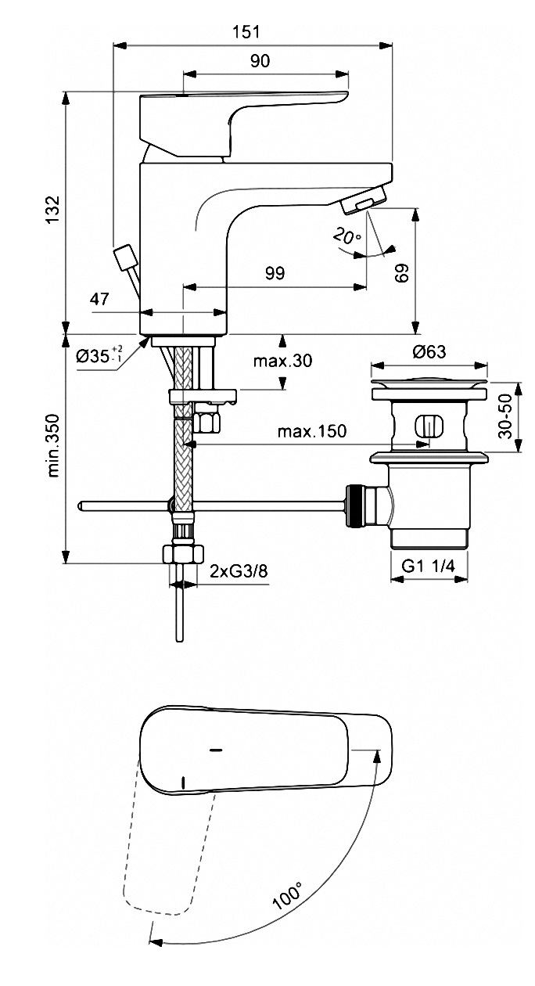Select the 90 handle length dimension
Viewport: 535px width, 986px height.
[260, 61]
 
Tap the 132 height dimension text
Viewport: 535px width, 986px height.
[54, 210]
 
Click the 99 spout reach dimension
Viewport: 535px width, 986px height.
[275, 273]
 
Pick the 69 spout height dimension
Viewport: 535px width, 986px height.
[402, 273]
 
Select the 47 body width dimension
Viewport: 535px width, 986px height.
[99, 299]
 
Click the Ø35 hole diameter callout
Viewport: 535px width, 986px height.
[99, 354]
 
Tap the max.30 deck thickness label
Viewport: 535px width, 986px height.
[282, 361]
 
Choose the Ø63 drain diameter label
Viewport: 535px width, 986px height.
[429, 351]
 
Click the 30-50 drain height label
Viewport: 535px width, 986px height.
[506, 416]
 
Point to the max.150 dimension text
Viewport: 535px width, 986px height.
[312, 431]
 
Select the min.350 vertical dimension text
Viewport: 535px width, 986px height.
[53, 445]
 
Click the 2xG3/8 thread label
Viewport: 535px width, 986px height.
[239, 571]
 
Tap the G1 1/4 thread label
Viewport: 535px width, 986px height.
[428, 566]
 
